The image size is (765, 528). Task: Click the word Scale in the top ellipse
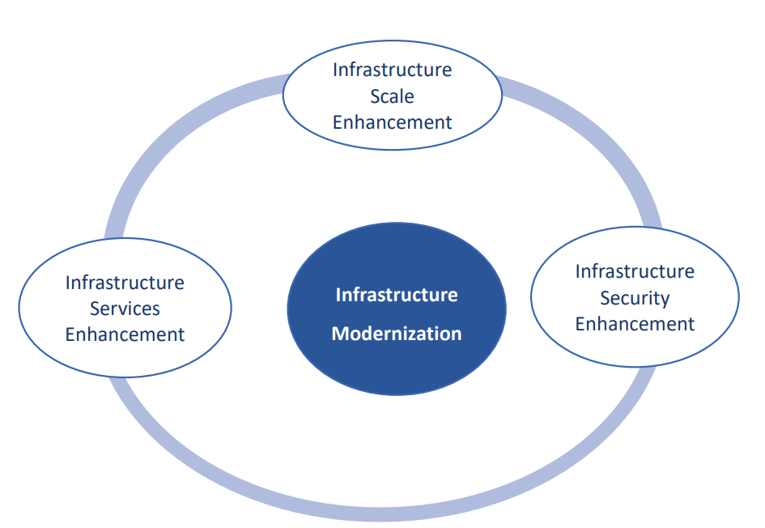tap(392, 96)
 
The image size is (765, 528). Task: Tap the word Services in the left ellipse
tap(125, 309)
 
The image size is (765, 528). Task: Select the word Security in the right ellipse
tap(635, 298)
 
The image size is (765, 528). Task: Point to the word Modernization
tap(397, 334)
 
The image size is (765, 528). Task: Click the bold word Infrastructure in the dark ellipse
tap(397, 295)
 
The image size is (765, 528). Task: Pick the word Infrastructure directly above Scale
tap(393, 70)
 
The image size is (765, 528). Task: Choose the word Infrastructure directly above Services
tap(125, 283)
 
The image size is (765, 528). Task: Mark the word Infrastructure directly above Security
tap(635, 271)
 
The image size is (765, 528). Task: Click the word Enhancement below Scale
tap(393, 122)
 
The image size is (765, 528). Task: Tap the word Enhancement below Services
tap(125, 334)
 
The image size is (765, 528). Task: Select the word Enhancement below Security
tap(635, 324)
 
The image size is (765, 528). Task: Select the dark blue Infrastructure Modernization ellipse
tap(397, 309)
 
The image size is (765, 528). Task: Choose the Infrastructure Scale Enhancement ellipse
tap(393, 96)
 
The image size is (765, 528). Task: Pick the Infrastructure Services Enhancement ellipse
tap(125, 308)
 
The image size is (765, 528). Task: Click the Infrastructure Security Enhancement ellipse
tap(635, 296)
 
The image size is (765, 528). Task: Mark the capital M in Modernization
tap(340, 334)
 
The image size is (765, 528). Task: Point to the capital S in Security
tap(605, 298)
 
